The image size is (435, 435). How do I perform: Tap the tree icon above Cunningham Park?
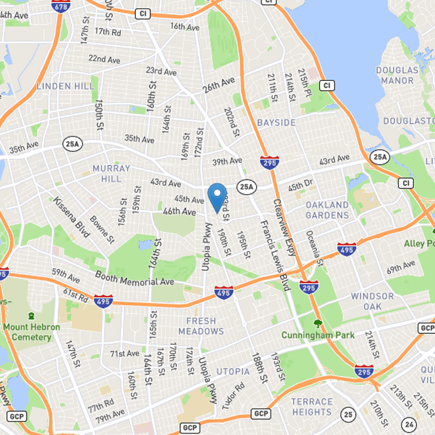click(318, 324)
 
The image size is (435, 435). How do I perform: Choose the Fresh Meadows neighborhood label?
click(201, 326)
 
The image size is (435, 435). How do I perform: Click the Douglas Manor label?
click(397, 76)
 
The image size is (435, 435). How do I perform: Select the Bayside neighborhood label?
click(276, 122)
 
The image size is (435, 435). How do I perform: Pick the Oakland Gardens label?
click(327, 210)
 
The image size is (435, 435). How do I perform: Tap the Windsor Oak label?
click(372, 301)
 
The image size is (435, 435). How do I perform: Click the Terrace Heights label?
click(312, 407)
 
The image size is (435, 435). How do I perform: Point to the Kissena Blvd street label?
click(71, 217)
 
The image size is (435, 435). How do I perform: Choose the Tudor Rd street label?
click(233, 396)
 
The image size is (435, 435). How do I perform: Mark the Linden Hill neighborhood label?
click(61, 86)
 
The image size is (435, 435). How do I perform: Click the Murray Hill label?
click(111, 173)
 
